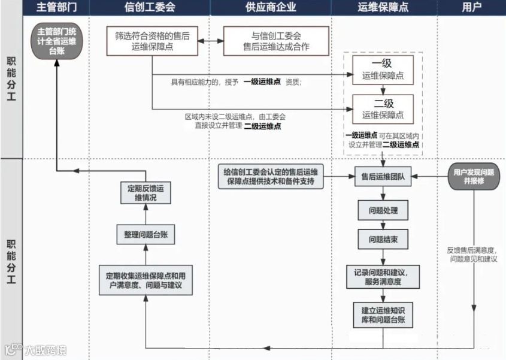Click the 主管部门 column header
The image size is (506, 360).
click(57, 8)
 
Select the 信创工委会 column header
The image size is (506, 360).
click(150, 8)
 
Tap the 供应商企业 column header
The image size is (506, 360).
click(271, 8)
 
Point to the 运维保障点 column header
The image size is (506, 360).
click(383, 8)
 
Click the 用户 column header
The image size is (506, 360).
click(472, 8)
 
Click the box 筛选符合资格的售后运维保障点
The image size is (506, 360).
click(153, 41)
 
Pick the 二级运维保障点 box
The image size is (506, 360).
click(383, 108)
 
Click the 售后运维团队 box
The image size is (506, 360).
click(383, 177)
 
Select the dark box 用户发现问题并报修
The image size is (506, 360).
click(473, 176)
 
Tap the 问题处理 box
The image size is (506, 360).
click(383, 211)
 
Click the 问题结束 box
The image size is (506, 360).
click(383, 240)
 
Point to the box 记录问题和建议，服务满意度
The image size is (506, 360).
click(383, 276)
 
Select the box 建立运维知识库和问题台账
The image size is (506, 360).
click(383, 315)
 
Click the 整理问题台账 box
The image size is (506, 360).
click(146, 235)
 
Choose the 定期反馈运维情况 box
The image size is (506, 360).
click(146, 192)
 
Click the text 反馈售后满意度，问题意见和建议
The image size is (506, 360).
click(473, 255)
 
